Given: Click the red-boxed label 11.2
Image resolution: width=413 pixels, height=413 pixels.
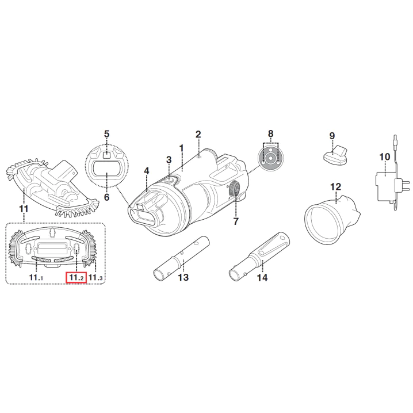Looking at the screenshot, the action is pos(76,277).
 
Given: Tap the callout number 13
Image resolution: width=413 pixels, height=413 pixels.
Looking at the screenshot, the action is pos(183,277).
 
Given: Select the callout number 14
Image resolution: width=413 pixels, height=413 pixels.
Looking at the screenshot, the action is pos(262,277).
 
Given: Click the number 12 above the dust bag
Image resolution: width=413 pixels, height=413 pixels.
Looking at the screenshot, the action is pos(335,187).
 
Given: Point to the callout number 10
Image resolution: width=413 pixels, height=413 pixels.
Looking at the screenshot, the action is pos(385,156).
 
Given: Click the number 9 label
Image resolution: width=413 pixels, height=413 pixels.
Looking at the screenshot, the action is pos(332,136).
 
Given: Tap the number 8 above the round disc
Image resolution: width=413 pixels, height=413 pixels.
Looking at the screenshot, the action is pos(271,134).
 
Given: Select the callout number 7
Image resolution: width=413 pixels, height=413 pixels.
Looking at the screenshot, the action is pos(236,221).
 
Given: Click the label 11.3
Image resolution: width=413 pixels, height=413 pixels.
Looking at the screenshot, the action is pos(95,277).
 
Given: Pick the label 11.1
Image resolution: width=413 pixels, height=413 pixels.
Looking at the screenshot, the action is pos(36,277).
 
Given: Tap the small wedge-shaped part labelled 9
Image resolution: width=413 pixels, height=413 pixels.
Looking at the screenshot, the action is pos(335,155).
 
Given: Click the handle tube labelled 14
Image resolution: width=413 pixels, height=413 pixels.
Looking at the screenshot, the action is pos(259,255).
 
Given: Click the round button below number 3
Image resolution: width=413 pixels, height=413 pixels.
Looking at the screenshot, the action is pos(169,180).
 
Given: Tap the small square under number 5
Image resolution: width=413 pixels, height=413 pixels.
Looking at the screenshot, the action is pos(106,155).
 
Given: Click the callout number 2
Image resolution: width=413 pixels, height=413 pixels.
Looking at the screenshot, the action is pos(198,135).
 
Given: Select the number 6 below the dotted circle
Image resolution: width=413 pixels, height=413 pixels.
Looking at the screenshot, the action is pos(106,197).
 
